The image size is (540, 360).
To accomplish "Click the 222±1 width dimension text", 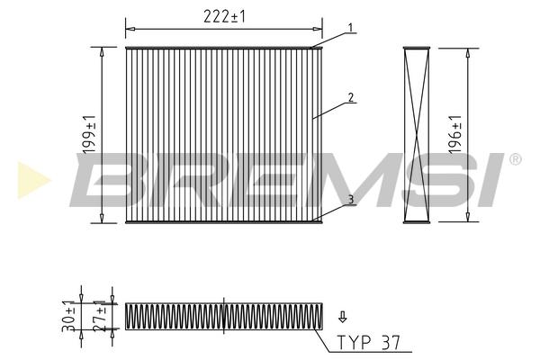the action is coord(224,16).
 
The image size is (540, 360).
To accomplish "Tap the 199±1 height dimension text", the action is coord(89,135).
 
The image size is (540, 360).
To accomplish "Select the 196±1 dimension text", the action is coord(454,134).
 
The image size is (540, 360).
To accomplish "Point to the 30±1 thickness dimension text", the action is coord(69,316).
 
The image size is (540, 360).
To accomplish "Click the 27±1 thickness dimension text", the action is coord(102,316).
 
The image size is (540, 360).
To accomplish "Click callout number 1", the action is coord(351,28).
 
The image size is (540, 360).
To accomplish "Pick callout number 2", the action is coord(351,97).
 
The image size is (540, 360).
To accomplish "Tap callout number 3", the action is coord(351,200).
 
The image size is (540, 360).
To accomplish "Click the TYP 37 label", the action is coord(369,342).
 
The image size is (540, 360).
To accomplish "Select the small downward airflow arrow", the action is coord(342,317).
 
